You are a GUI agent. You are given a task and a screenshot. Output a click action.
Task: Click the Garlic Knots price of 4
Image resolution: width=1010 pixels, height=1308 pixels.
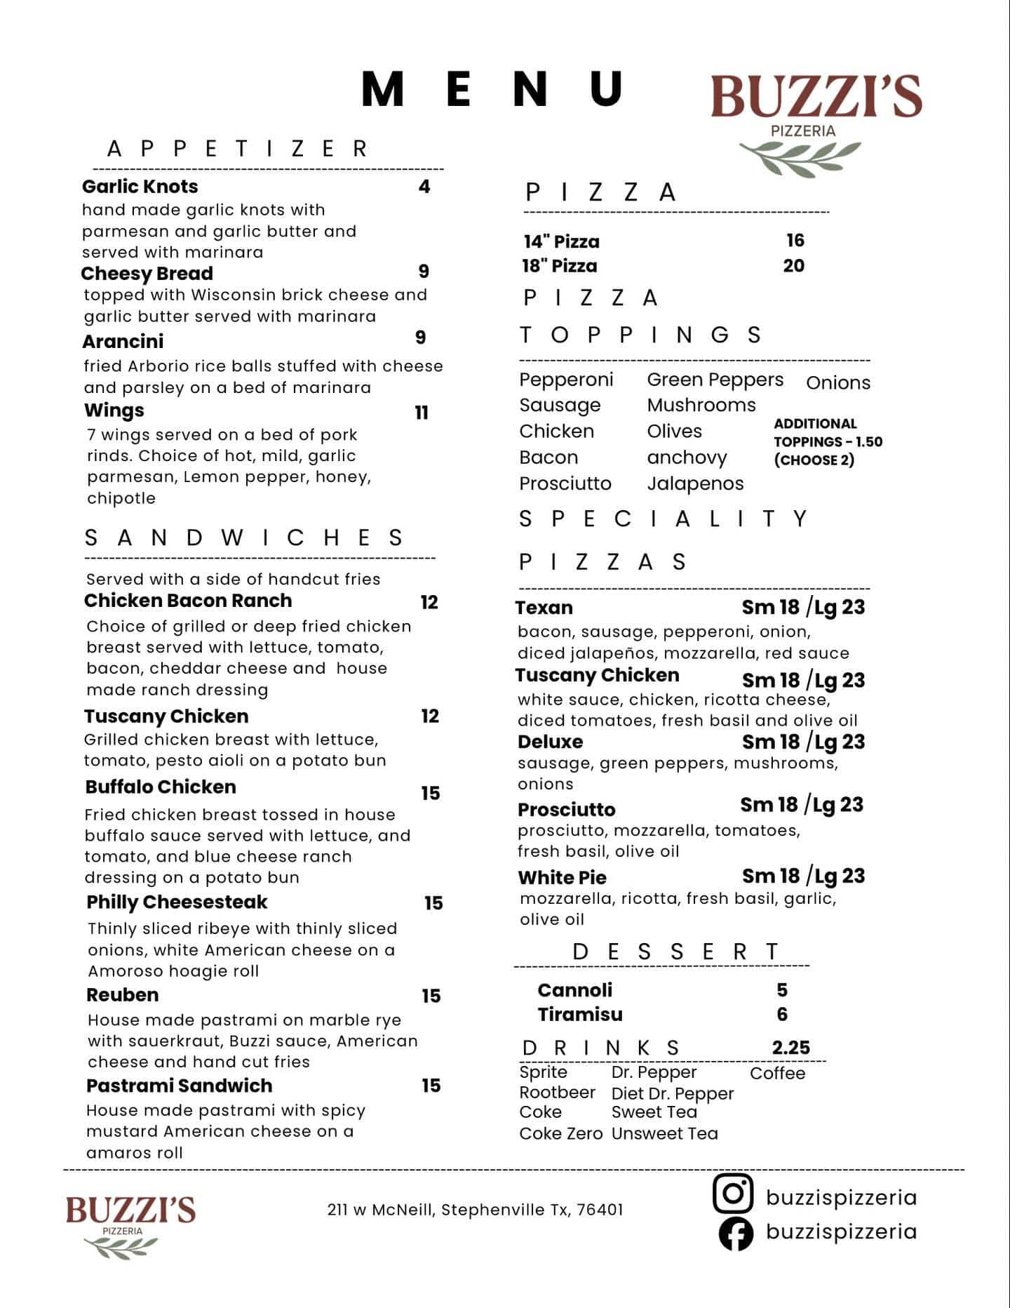point(424,187)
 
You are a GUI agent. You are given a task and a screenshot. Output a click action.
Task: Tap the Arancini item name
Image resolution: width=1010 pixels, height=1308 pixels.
point(123,342)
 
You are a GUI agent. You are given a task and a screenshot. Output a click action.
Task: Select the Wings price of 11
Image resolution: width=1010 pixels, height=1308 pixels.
point(422,413)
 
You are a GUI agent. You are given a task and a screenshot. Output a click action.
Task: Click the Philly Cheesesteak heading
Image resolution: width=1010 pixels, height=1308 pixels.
point(177,902)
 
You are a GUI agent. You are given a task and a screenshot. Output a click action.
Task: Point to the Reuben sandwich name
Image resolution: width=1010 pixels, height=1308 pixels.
point(122,995)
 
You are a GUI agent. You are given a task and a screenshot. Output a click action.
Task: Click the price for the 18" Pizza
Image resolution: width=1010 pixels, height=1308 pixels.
point(793,266)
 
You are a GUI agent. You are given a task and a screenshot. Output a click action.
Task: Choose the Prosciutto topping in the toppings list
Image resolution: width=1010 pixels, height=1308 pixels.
point(565,483)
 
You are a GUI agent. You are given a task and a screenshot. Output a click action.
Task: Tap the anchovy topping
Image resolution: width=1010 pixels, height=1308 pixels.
point(687,458)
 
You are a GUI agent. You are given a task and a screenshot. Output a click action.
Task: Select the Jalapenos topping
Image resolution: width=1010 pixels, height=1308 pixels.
point(695,483)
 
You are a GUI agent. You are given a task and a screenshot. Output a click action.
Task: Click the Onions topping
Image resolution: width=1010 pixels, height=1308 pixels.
point(838,383)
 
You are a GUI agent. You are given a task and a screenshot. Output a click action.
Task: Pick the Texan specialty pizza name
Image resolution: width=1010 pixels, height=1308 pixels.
point(544,608)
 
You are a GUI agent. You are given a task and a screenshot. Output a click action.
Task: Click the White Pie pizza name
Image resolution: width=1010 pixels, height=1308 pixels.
point(562,878)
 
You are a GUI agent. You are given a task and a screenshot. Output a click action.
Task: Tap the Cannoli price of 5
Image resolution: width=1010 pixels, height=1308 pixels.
point(782,990)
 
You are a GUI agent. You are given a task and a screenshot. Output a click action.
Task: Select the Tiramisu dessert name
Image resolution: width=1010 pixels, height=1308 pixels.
point(580,1015)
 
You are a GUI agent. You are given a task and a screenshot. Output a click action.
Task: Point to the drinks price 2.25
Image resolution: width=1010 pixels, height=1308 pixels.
point(791,1048)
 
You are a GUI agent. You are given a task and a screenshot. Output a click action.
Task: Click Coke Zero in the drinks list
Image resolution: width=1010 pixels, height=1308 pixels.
point(560,1134)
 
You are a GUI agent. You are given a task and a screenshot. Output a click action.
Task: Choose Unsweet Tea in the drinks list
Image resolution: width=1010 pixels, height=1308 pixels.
point(664,1134)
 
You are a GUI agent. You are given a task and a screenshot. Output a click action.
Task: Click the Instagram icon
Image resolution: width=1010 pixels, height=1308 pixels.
point(733,1194)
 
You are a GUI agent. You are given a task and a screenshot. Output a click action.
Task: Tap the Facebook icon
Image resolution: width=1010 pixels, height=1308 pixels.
point(736,1234)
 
